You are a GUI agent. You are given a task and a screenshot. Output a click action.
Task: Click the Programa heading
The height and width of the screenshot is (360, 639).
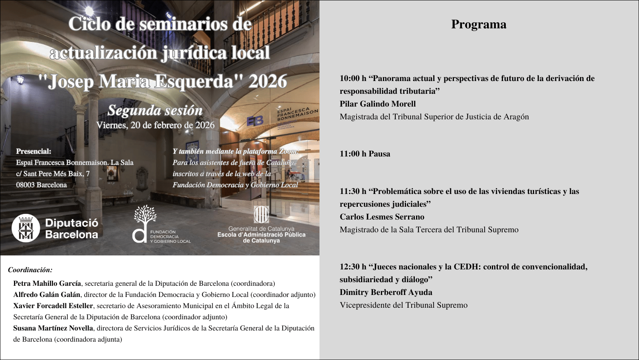point(479,24)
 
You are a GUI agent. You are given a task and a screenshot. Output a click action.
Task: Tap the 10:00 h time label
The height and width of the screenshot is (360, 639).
point(353,79)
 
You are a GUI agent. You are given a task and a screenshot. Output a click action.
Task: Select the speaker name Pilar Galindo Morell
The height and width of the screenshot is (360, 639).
point(377,104)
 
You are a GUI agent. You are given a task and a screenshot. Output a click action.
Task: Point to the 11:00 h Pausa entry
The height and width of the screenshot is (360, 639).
point(365,154)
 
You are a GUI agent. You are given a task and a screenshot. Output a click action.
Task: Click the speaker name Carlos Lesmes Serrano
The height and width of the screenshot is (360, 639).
point(382,217)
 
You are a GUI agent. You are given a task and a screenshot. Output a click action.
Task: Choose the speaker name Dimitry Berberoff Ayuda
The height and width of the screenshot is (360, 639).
point(386,293)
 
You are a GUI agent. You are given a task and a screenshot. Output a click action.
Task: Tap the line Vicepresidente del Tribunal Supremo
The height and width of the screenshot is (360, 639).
point(403,305)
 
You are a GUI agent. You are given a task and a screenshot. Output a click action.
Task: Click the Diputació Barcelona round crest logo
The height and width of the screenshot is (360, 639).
point(26,229)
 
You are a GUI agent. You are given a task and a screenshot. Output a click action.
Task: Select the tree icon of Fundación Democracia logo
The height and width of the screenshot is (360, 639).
point(145,216)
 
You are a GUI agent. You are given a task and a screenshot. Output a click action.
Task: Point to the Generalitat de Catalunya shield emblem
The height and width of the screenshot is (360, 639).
point(261,214)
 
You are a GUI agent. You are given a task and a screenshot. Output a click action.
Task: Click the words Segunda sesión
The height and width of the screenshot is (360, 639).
point(155,111)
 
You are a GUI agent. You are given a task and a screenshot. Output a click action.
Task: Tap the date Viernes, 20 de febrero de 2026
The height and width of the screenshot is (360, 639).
point(155,125)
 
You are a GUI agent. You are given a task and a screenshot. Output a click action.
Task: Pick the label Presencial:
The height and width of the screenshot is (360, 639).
point(34,152)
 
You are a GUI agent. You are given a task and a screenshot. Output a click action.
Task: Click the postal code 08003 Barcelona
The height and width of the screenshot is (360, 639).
point(41,185)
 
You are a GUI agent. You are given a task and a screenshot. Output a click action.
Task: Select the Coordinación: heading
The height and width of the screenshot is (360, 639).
point(30,270)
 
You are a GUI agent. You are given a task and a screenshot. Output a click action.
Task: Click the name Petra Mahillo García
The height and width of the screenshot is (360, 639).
point(47,284)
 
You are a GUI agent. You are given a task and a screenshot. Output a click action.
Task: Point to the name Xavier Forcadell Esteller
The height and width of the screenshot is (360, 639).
point(53,306)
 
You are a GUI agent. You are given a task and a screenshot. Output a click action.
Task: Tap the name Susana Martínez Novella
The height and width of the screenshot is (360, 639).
point(53,328)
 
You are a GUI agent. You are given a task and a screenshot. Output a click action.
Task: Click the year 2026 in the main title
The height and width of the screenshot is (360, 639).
point(268,82)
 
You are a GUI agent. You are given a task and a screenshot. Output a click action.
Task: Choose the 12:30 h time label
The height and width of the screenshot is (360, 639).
point(353,267)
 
